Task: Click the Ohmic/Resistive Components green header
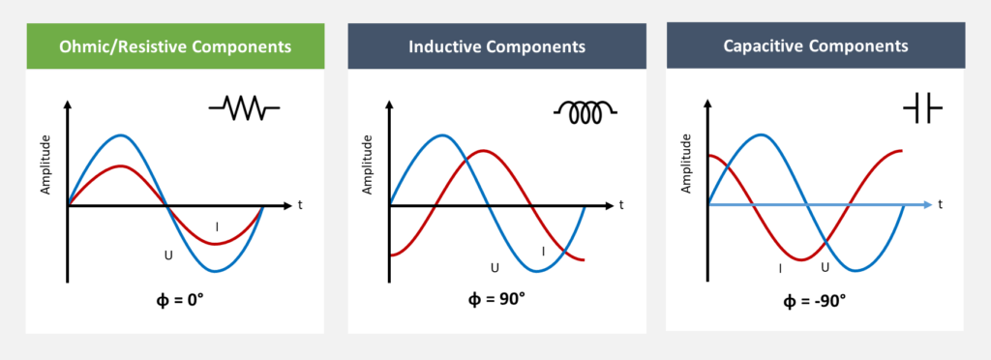[x=175, y=46]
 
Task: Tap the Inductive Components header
[x=496, y=46]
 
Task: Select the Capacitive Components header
[x=815, y=45]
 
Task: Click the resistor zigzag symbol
[x=244, y=108]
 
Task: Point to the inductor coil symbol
[x=586, y=112]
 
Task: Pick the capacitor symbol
[x=922, y=108]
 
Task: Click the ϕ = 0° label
[x=180, y=298]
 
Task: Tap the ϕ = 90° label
[x=496, y=298]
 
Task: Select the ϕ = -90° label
[x=814, y=301]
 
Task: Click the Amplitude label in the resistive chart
[x=45, y=164]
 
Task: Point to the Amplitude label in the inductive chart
[x=367, y=164]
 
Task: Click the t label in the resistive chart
[x=300, y=204]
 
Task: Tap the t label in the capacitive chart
[x=941, y=204]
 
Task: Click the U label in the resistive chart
[x=168, y=255]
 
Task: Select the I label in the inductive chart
[x=543, y=252]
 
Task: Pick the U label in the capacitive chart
[x=825, y=267]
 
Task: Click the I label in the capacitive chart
[x=780, y=268]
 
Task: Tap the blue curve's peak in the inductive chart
[x=443, y=135]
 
